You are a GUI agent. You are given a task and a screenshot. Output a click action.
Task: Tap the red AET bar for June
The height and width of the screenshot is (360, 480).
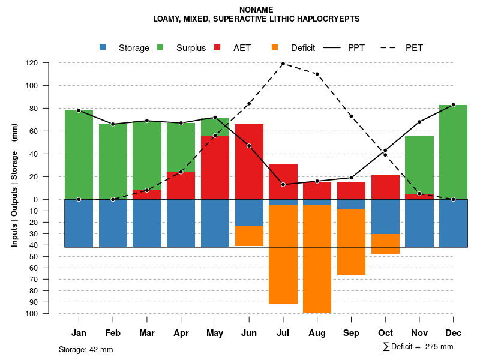(x=249, y=162)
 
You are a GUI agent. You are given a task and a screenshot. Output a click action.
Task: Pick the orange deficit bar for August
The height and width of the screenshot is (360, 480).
(x=317, y=259)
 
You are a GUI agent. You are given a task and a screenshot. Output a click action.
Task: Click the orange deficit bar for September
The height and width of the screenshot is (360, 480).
(x=351, y=242)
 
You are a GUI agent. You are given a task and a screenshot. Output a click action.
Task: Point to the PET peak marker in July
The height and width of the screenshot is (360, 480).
(x=283, y=64)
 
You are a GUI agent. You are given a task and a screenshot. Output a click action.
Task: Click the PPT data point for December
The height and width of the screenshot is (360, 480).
(x=453, y=105)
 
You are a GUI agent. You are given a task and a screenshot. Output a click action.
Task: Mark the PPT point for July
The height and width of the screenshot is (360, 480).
(x=283, y=184)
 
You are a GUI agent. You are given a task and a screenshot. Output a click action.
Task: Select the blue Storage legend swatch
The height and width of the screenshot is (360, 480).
(x=103, y=47)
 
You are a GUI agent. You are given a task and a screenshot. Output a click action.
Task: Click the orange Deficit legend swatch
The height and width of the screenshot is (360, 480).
(x=275, y=47)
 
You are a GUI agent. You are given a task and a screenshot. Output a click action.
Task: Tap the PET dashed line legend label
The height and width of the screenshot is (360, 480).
(x=414, y=48)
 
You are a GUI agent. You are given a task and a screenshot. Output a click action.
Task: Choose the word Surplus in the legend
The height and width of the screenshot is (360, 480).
(x=191, y=48)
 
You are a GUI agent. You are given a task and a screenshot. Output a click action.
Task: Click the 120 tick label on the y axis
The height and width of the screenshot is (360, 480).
(x=49, y=63)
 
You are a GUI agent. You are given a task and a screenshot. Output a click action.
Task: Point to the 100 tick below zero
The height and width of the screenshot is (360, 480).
(x=49, y=314)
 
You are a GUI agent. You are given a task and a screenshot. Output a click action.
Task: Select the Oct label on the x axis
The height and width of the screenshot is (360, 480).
(x=385, y=333)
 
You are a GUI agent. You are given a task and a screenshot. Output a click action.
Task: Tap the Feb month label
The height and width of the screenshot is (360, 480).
(x=113, y=333)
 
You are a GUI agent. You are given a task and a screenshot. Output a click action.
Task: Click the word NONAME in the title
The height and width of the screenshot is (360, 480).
(x=256, y=10)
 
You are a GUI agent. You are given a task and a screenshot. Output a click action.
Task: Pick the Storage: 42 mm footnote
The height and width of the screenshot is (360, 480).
(x=86, y=349)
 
